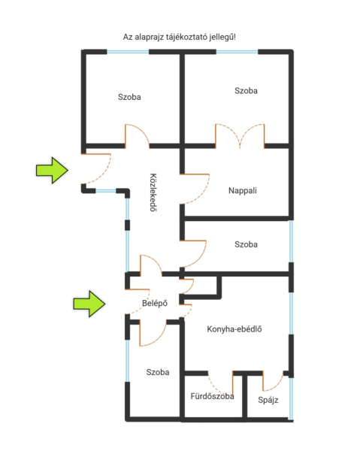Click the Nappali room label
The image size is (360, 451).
point(243,190)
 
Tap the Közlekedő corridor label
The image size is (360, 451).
point(153,192)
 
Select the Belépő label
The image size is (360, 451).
point(155,303)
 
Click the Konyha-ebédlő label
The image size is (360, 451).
point(234,329)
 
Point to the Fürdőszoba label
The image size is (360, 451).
point(212,396)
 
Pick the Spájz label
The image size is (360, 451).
point(268,400)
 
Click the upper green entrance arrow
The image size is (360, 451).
point(52,171)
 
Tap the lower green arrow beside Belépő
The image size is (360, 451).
point(89,304)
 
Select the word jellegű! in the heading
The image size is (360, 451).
point(222,37)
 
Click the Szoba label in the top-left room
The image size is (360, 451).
point(129,97)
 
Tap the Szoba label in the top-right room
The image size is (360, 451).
point(246,91)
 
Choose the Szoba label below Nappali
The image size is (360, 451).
point(246,244)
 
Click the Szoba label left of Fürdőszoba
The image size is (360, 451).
point(158,372)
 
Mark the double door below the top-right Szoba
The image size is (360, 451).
point(240,136)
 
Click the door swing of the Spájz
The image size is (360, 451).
point(273,383)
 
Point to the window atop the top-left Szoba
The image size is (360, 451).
point(128,52)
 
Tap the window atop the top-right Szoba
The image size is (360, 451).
point(237,52)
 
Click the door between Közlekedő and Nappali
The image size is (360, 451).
point(195,189)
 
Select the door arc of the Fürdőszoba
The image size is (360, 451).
point(220,384)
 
